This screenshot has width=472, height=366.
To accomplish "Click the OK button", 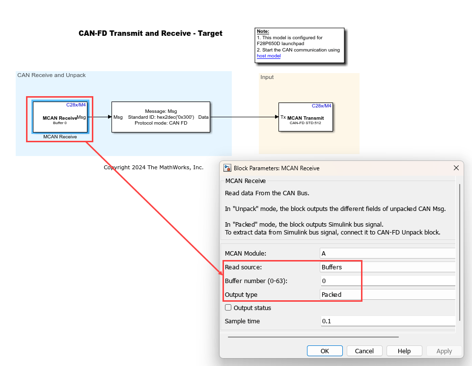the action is tap(325, 351).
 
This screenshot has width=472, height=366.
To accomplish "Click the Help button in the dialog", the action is tap(404, 351).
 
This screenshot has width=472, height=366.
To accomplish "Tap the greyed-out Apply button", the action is tap(444, 351).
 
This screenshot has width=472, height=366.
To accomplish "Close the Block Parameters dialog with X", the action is tap(456, 168).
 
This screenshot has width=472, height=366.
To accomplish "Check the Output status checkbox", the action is tap(228, 307).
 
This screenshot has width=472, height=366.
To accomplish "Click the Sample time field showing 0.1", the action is tap(388, 321).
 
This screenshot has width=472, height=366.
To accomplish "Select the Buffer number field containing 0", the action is tap(388, 281).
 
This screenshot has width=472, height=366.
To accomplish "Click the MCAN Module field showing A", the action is tap(388, 253).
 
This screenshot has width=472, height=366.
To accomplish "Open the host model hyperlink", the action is tap(269, 56).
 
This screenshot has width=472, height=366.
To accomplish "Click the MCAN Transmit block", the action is tap(305, 117).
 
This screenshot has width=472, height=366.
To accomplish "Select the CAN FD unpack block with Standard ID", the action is tap(161, 117).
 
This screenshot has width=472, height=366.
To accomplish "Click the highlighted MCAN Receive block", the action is tap(60, 117).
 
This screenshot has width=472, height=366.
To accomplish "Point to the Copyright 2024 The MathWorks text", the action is tap(154, 167).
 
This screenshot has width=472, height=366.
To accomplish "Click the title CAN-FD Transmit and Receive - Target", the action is tap(150, 33).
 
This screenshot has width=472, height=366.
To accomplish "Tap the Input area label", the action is tap(267, 77).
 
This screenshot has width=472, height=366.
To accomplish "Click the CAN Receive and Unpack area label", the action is tap(52, 75).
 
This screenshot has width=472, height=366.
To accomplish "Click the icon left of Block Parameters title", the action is tap(227, 168).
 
